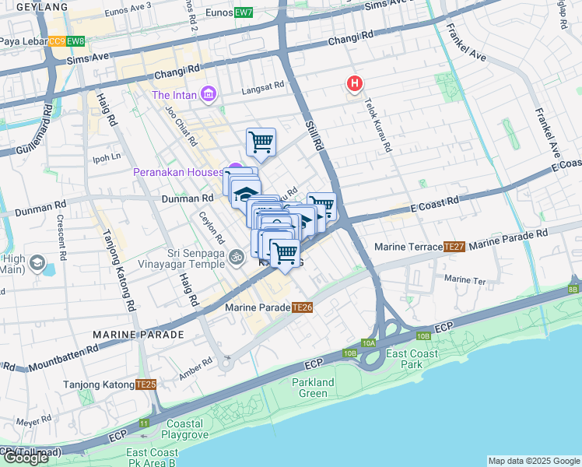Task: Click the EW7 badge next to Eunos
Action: pos(244,12)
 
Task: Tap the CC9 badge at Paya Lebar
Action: pos(57,41)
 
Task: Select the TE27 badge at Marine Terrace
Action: pos(454,247)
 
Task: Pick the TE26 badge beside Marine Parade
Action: pos(303,307)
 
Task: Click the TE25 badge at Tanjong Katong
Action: pos(145,384)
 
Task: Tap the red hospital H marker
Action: pos(355,83)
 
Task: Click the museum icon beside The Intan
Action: pos(208,95)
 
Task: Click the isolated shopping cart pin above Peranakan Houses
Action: pos(261,142)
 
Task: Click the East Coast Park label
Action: pos(405,359)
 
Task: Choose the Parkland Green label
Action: pos(313,388)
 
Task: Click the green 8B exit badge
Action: pos(573,290)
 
